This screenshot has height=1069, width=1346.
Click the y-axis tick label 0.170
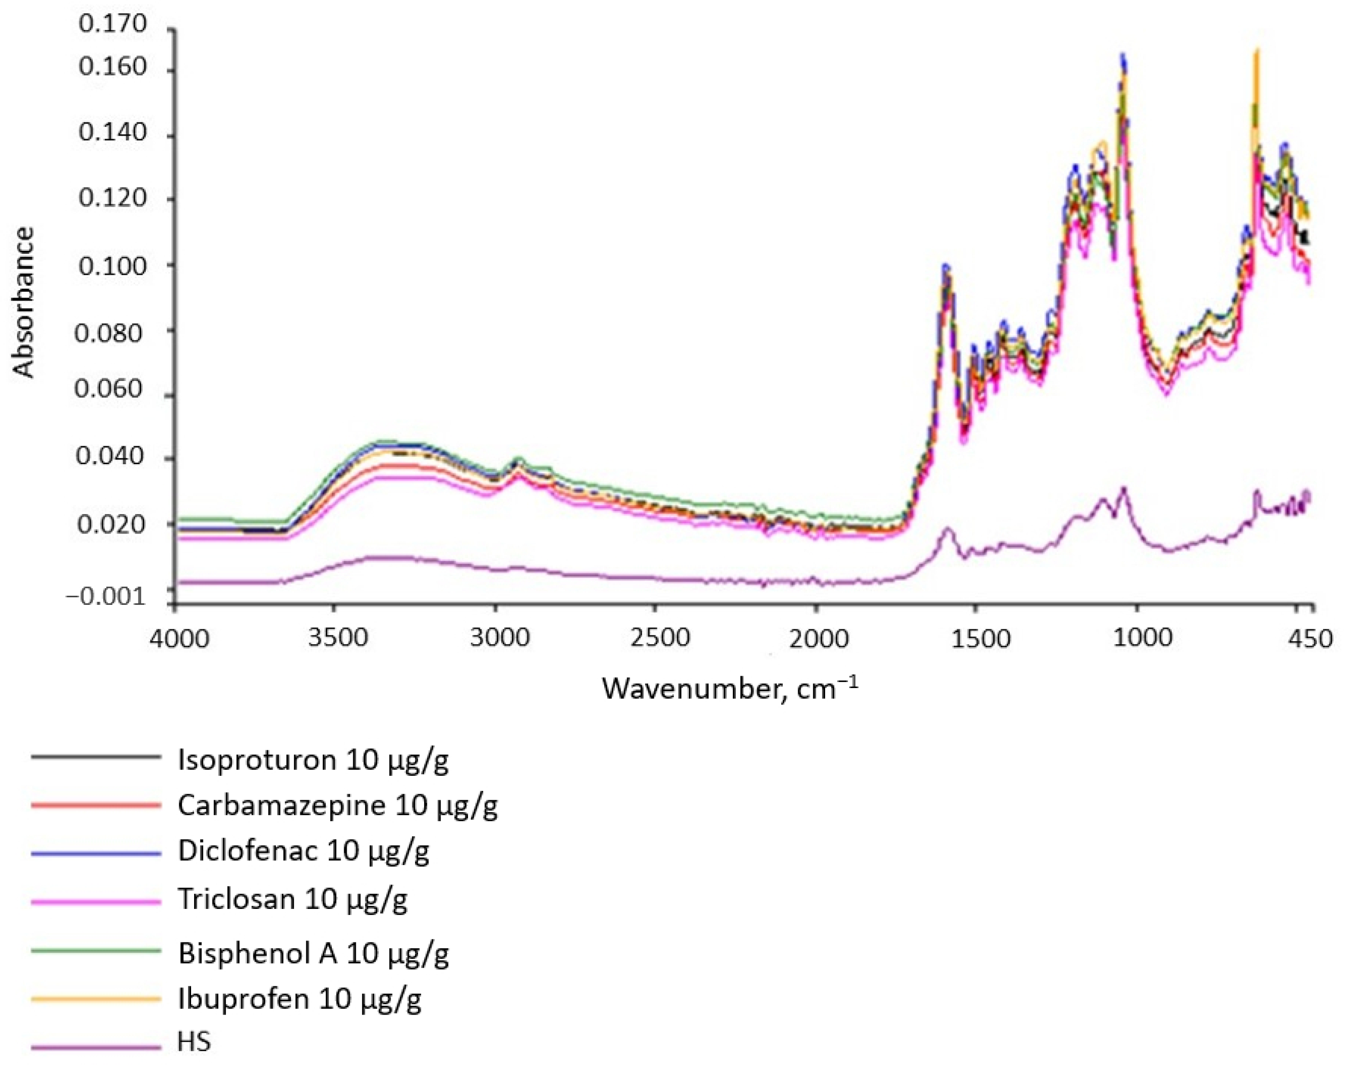112,24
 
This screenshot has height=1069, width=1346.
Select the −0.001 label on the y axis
105,597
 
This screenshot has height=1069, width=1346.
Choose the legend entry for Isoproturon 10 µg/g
313,760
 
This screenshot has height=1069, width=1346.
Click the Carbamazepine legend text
337,806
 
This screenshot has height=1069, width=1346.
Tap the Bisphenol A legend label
313,953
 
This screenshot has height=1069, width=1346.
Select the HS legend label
194,1042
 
